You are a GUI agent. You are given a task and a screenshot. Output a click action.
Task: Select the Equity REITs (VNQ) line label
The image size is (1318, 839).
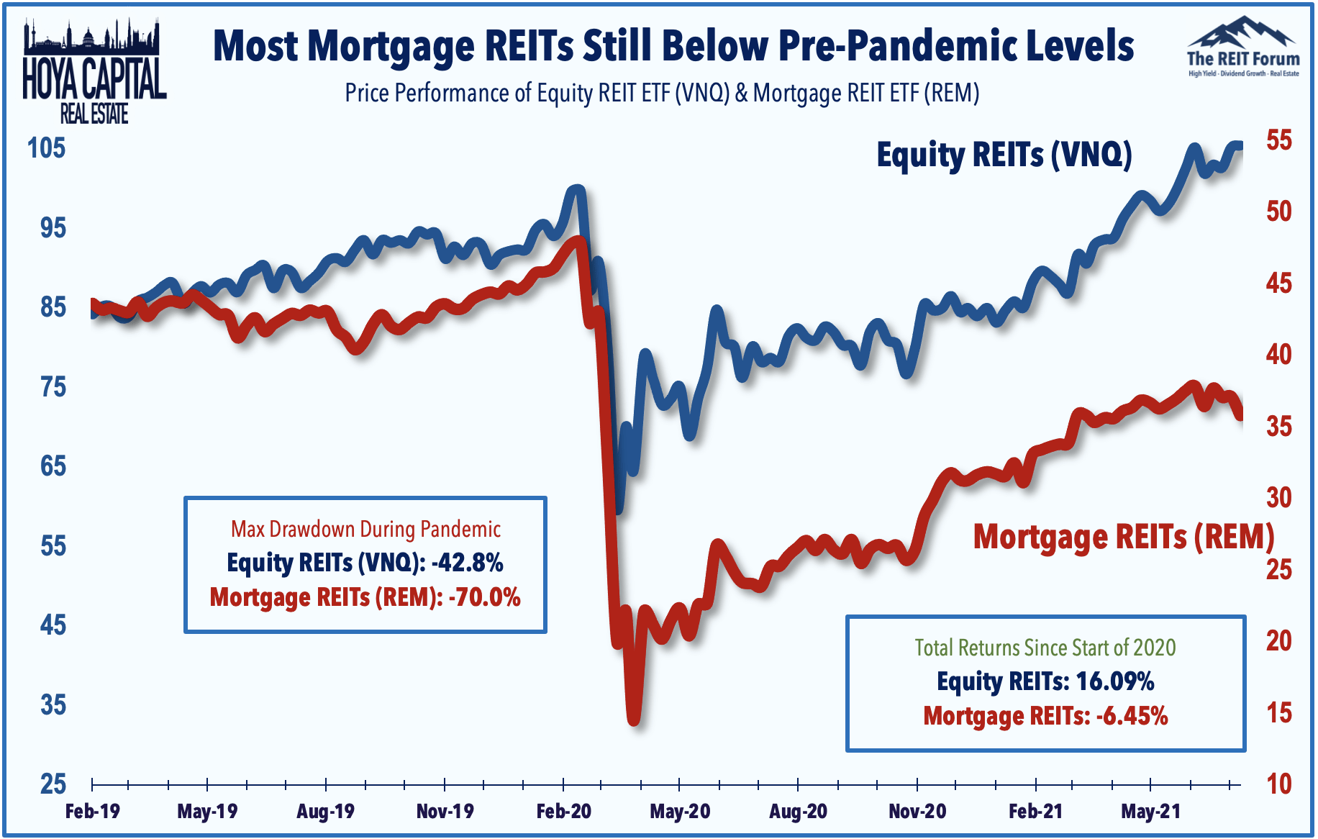pyautogui.click(x=1004, y=155)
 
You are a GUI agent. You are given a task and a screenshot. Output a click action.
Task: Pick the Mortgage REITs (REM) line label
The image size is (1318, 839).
pyautogui.click(x=1123, y=537)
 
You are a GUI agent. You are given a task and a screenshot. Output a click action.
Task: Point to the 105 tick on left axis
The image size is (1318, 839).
pyautogui.click(x=46, y=148)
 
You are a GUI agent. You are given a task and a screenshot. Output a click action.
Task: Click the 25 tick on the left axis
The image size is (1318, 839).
pyautogui.click(x=53, y=784)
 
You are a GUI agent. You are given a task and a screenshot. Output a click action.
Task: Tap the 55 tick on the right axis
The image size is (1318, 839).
pyautogui.click(x=1279, y=140)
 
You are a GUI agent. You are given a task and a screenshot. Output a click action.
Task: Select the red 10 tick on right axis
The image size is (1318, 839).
pyautogui.click(x=1279, y=784)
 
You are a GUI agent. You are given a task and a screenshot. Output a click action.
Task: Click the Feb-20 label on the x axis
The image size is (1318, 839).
pyautogui.click(x=563, y=812)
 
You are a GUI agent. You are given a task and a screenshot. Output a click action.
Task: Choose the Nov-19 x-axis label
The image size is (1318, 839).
pyautogui.click(x=445, y=812)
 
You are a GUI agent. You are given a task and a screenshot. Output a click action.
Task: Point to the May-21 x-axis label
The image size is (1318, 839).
pyautogui.click(x=1150, y=812)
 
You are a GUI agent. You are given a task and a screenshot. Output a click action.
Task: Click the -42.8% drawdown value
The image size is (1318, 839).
pyautogui.click(x=467, y=562)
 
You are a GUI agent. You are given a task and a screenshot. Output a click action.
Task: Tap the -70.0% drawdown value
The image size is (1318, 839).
pyautogui.click(x=484, y=597)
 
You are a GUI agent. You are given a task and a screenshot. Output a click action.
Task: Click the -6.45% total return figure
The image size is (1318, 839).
pyautogui.click(x=1132, y=716)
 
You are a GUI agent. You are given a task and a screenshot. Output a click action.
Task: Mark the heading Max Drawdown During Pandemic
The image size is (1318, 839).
pyautogui.click(x=365, y=530)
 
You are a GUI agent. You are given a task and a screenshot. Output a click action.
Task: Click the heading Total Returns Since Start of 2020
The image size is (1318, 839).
pyautogui.click(x=1045, y=648)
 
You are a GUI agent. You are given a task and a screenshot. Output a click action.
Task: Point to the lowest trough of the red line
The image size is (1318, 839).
pyautogui.click(x=634, y=720)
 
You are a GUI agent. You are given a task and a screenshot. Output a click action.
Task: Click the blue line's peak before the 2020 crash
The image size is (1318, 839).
pyautogui.click(x=576, y=190)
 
